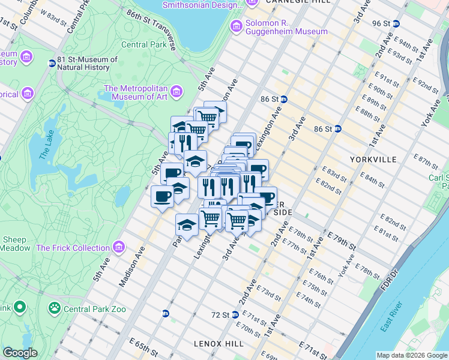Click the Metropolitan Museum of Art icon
(x=176, y=91)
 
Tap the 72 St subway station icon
(x=236, y=314)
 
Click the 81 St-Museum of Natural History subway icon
(x=52, y=63)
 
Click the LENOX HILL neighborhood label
(x=218, y=343)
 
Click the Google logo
(x=20, y=353)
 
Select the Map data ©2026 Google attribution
(x=412, y=355)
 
